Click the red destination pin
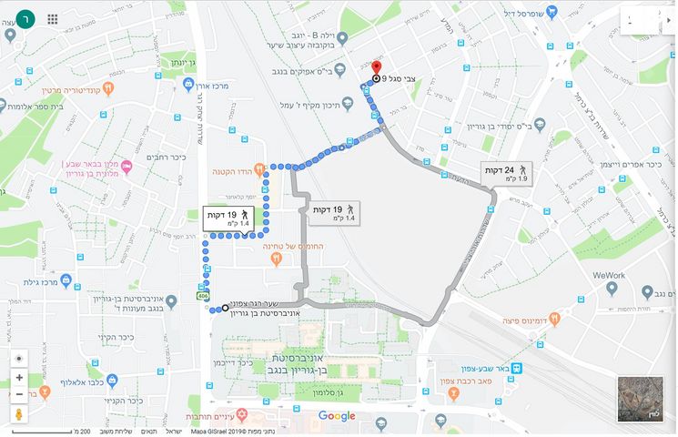click(377, 69)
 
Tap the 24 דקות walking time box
click(505, 174)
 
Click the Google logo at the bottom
click(337, 416)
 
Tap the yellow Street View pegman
click(19, 414)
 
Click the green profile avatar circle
click(27, 18)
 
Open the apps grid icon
click(53, 18)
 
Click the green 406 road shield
click(200, 297)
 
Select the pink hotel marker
click(126, 166)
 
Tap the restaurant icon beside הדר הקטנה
click(259, 168)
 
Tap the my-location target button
click(19, 358)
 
